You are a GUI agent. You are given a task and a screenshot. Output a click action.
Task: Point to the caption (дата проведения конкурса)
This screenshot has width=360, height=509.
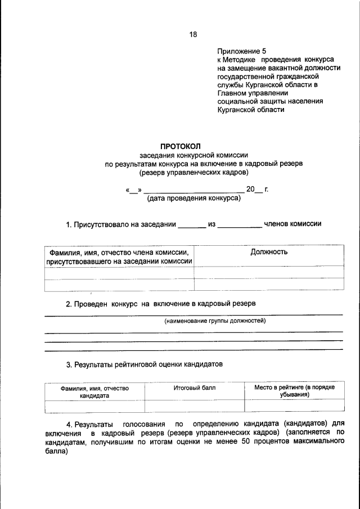(x=194, y=198)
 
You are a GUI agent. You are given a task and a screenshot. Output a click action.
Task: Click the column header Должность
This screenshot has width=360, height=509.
(x=269, y=252)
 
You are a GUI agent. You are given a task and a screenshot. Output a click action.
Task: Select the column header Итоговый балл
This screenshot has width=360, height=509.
(x=195, y=388)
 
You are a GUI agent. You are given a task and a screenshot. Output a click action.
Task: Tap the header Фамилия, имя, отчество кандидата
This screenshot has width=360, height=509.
(x=94, y=391)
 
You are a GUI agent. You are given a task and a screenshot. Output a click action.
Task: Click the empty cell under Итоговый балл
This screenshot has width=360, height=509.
(x=195, y=406)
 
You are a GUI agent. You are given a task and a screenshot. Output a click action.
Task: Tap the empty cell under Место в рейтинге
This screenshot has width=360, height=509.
(x=294, y=406)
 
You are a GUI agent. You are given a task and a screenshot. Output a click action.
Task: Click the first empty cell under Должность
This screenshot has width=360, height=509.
(x=269, y=273)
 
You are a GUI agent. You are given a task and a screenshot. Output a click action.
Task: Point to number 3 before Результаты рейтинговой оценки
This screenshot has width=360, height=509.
(x=69, y=364)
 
